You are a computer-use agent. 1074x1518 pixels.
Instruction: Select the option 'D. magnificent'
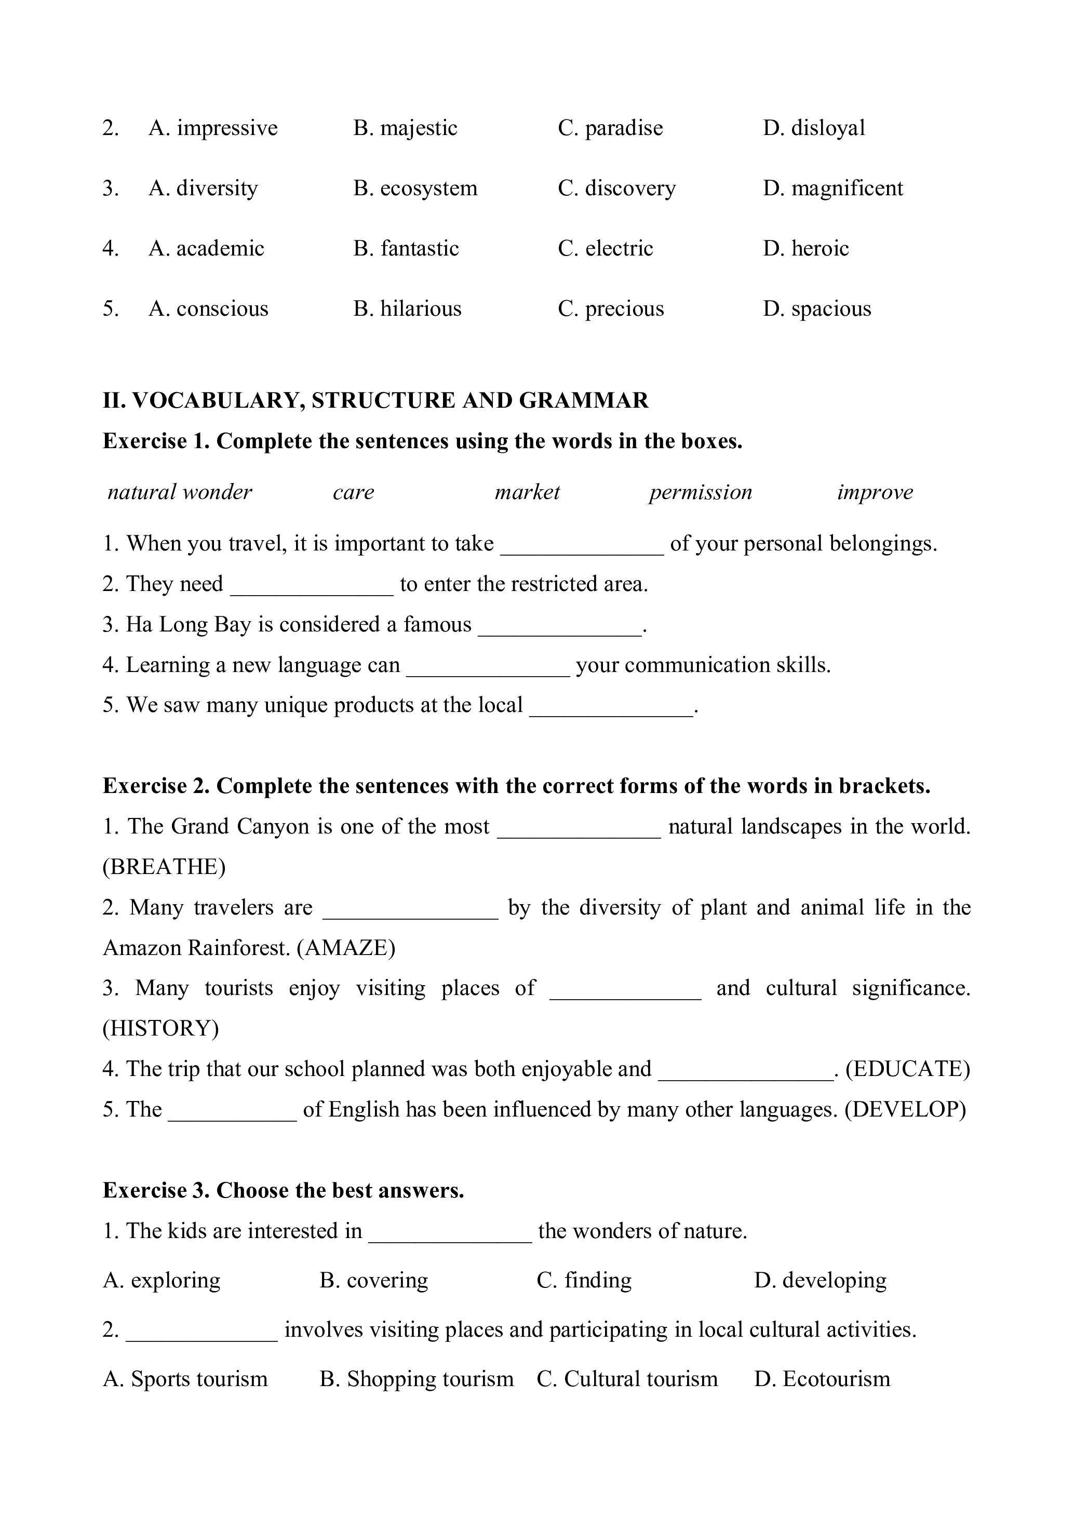pyautogui.click(x=833, y=189)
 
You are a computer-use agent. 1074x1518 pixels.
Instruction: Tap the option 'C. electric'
pyautogui.click(x=605, y=249)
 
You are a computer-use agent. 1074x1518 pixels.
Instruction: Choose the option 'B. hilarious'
pyautogui.click(x=407, y=309)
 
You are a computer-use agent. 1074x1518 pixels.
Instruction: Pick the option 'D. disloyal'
pyautogui.click(x=813, y=128)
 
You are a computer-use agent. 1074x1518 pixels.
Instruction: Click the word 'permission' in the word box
pyautogui.click(x=701, y=492)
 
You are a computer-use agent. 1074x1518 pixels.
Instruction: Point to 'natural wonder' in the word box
pyautogui.click(x=180, y=492)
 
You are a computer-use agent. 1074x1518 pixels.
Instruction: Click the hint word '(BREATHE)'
pyautogui.click(x=164, y=867)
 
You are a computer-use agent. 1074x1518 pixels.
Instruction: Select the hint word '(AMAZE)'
pyautogui.click(x=346, y=948)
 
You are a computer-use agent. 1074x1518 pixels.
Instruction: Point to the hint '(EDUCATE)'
pyautogui.click(x=907, y=1069)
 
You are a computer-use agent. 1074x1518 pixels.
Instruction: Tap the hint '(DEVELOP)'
pyautogui.click(x=905, y=1109)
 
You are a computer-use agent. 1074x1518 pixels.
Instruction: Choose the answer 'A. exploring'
pyautogui.click(x=162, y=1281)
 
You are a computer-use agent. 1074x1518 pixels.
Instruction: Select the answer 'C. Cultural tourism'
pyautogui.click(x=627, y=1379)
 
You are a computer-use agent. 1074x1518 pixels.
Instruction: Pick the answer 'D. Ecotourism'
pyautogui.click(x=822, y=1379)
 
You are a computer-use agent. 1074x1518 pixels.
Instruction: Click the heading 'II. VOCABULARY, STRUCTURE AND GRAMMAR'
pyautogui.click(x=375, y=400)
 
